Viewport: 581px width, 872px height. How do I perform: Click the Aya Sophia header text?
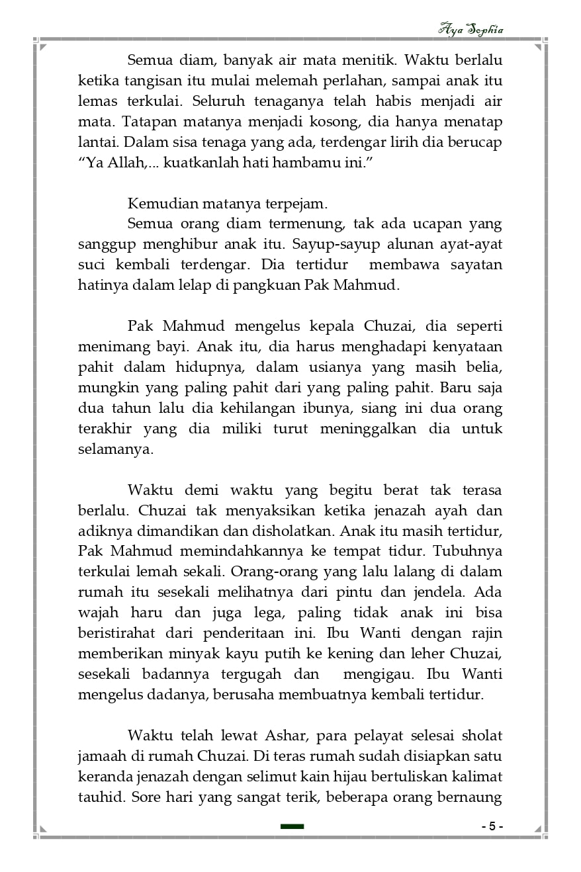point(470,30)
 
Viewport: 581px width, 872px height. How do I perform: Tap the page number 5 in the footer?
point(492,826)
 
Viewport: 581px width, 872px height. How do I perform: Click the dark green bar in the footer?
point(292,826)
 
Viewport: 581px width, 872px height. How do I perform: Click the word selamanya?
point(115,449)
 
